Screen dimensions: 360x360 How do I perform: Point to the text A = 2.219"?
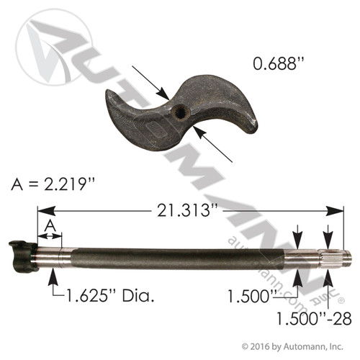(x=55, y=185)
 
